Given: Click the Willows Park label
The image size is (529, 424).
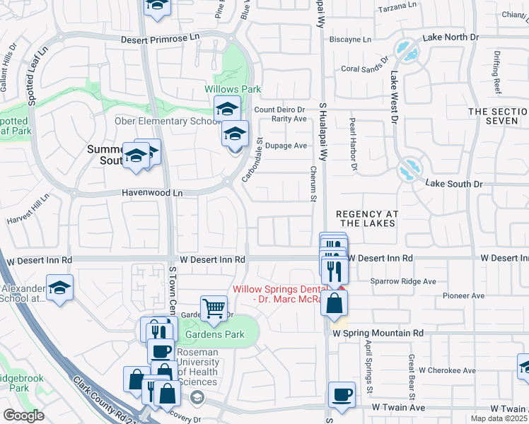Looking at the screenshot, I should coord(233,90).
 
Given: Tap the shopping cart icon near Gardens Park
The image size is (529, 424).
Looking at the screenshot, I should coord(214,307).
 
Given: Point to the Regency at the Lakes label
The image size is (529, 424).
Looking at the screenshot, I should coord(366,218).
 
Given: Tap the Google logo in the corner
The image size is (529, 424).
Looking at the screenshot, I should coord(23,416).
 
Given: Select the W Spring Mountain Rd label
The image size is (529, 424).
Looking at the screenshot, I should coord(378,332).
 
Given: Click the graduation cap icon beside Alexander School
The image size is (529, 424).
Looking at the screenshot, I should coord(59,287).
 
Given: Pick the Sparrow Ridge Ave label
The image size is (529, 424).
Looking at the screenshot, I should coord(403,281).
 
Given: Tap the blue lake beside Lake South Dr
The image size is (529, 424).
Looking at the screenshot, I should coord(407,172).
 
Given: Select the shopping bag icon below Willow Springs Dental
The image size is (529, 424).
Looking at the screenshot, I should coord(334,304).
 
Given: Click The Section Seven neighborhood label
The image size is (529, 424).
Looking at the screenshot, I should coord(497,117).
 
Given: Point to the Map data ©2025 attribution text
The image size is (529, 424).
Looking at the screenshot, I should coord(499,418).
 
